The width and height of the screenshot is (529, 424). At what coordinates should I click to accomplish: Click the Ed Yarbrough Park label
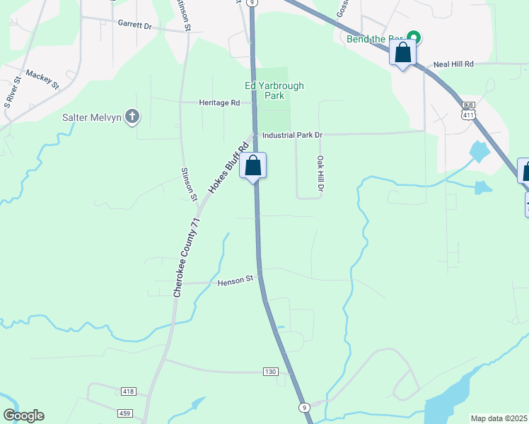point(274,90)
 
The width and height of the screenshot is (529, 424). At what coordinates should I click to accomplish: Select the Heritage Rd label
point(220,102)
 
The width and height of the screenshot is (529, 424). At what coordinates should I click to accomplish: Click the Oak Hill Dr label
point(320,174)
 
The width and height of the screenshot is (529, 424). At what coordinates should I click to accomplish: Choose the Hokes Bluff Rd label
point(231,167)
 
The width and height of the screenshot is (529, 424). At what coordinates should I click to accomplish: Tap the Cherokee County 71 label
point(187,257)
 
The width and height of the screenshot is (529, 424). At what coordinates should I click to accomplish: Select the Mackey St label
point(42,78)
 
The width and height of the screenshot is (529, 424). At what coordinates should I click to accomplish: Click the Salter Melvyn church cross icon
point(132,117)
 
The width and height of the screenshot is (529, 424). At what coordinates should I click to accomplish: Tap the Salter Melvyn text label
point(91,117)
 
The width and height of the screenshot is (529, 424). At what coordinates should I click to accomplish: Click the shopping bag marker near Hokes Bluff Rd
point(253,167)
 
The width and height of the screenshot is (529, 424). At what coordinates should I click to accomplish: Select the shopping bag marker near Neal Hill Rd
point(402,53)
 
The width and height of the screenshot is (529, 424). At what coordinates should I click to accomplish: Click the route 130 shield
point(269,372)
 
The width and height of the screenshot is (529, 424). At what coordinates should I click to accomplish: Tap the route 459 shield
point(124,412)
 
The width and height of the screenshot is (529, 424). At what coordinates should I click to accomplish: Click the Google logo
point(23,416)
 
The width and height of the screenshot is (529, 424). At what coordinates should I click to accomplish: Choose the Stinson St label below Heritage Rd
point(189,184)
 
